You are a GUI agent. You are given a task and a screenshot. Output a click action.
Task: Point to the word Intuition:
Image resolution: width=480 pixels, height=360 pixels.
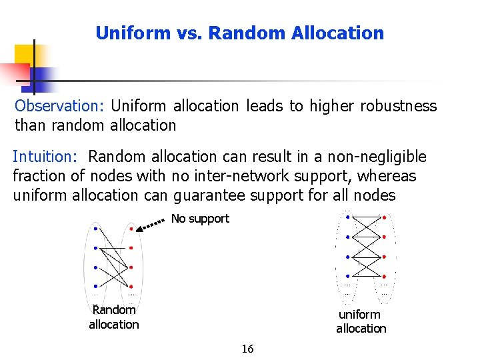[x=46, y=157]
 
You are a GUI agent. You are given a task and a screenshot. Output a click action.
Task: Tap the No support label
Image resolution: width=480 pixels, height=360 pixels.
[x=200, y=219]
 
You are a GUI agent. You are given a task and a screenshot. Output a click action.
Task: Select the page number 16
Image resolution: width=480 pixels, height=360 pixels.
[x=247, y=349]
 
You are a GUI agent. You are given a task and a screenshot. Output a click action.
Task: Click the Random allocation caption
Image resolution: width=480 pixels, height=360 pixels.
[x=114, y=317]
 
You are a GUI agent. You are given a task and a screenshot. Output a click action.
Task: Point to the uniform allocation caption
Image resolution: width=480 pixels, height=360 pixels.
[x=361, y=321]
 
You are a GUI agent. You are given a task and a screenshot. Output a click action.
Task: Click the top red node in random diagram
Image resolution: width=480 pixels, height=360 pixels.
[x=131, y=229]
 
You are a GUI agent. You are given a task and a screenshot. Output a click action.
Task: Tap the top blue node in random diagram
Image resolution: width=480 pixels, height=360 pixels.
[x=96, y=229]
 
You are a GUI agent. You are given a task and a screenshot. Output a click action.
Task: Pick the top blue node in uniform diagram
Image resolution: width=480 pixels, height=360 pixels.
[x=347, y=217]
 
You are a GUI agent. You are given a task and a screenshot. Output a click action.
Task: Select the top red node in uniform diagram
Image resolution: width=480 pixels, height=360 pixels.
[x=385, y=217]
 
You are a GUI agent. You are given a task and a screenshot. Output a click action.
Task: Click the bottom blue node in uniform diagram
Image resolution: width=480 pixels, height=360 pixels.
[x=347, y=276]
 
